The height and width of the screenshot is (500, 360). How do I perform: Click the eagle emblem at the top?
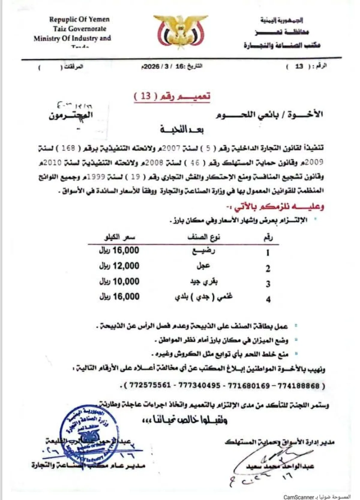pos(180,32)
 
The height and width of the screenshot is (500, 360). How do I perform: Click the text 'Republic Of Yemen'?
pos(79,20)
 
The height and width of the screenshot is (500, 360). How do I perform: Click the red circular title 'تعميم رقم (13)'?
pos(172,96)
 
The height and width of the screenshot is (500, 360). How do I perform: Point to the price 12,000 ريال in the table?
pos(119,266)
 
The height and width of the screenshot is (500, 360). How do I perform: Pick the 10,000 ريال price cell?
pos(119,282)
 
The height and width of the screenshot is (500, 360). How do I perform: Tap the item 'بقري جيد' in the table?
pos(204,282)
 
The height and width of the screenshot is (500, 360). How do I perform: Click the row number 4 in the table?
pos(268,299)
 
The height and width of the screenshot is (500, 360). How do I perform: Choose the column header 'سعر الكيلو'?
pos(119,238)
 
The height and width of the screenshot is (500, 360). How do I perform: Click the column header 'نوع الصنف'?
pos(204,238)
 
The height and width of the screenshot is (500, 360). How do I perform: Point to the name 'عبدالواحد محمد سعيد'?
pos(280,466)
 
